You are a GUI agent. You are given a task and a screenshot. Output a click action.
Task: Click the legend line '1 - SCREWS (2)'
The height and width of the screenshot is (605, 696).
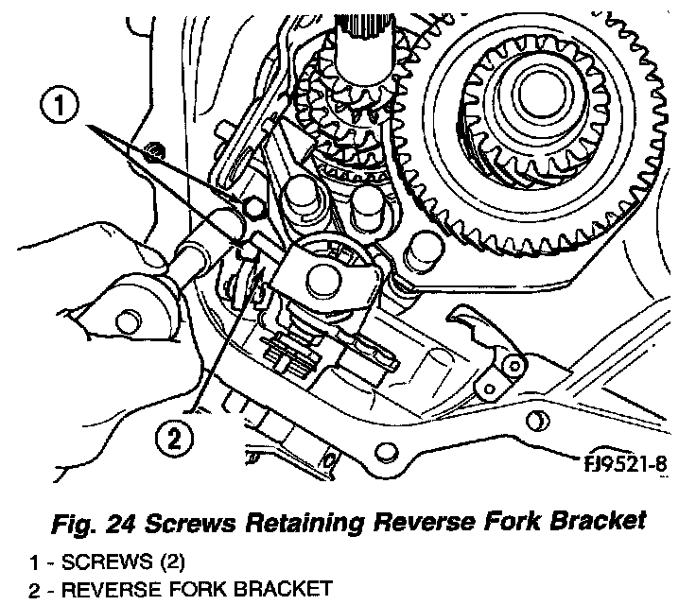(x=110, y=563)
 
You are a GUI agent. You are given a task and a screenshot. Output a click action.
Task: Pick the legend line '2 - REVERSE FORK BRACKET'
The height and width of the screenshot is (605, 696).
(x=180, y=590)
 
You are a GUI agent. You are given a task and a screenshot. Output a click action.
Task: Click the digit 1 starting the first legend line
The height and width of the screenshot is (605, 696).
(x=34, y=563)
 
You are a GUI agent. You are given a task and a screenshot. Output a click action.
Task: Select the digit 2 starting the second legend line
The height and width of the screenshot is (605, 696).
(x=34, y=590)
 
